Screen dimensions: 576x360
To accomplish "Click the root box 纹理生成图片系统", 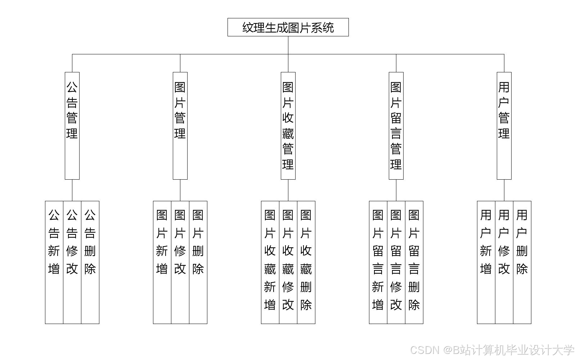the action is [x=288, y=27].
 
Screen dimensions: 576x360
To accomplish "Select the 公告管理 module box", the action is [x=72, y=125].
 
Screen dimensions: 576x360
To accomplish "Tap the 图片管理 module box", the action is [x=180, y=125].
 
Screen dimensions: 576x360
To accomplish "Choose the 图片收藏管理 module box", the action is [x=288, y=125].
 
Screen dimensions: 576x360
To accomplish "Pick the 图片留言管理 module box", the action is [x=396, y=125].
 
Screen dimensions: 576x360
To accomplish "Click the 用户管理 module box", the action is [x=504, y=125].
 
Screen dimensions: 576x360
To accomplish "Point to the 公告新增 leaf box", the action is [x=54, y=262].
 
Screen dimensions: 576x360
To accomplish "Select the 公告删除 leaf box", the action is [x=90, y=262].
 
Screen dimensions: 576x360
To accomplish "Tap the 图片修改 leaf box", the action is [x=180, y=262].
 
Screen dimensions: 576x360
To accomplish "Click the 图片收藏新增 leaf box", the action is [x=270, y=262].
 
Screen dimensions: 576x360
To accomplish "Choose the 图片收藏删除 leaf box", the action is [x=306, y=262].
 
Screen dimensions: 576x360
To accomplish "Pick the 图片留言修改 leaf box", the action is [x=396, y=262].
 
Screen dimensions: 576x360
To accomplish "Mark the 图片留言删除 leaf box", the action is [x=414, y=262].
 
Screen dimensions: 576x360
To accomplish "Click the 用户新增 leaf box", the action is [x=486, y=262].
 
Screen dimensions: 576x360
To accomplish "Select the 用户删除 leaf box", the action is [x=522, y=262].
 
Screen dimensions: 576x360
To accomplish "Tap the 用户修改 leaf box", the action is [x=504, y=262].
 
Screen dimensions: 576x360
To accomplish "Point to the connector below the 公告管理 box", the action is [x=72, y=190].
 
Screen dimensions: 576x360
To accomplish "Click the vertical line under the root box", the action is [x=288, y=45].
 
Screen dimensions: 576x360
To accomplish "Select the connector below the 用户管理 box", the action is [x=504, y=190].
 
